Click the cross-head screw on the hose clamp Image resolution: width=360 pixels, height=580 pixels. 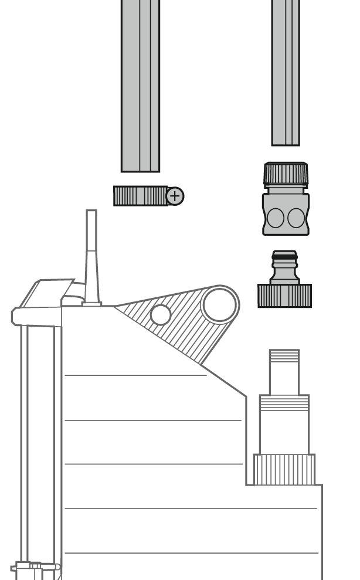pos(175,196)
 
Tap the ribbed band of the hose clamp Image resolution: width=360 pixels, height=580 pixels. pos(140,196)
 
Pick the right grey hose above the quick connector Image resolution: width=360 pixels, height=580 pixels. pos(286,70)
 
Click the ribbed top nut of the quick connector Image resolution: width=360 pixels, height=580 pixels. pos(286,174)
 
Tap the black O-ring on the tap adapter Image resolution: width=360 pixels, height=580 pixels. pos(284,256)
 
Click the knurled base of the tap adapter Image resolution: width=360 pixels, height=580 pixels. pos(284,296)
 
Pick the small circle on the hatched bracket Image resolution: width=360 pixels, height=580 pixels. pos(160,315)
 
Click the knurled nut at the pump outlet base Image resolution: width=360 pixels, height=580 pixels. pos(284,469)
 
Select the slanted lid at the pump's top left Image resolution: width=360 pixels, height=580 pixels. pos(47,293)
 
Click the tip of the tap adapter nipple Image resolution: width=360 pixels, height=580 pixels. pos(284,252)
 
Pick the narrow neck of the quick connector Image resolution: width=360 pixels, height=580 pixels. pos(286,188)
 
